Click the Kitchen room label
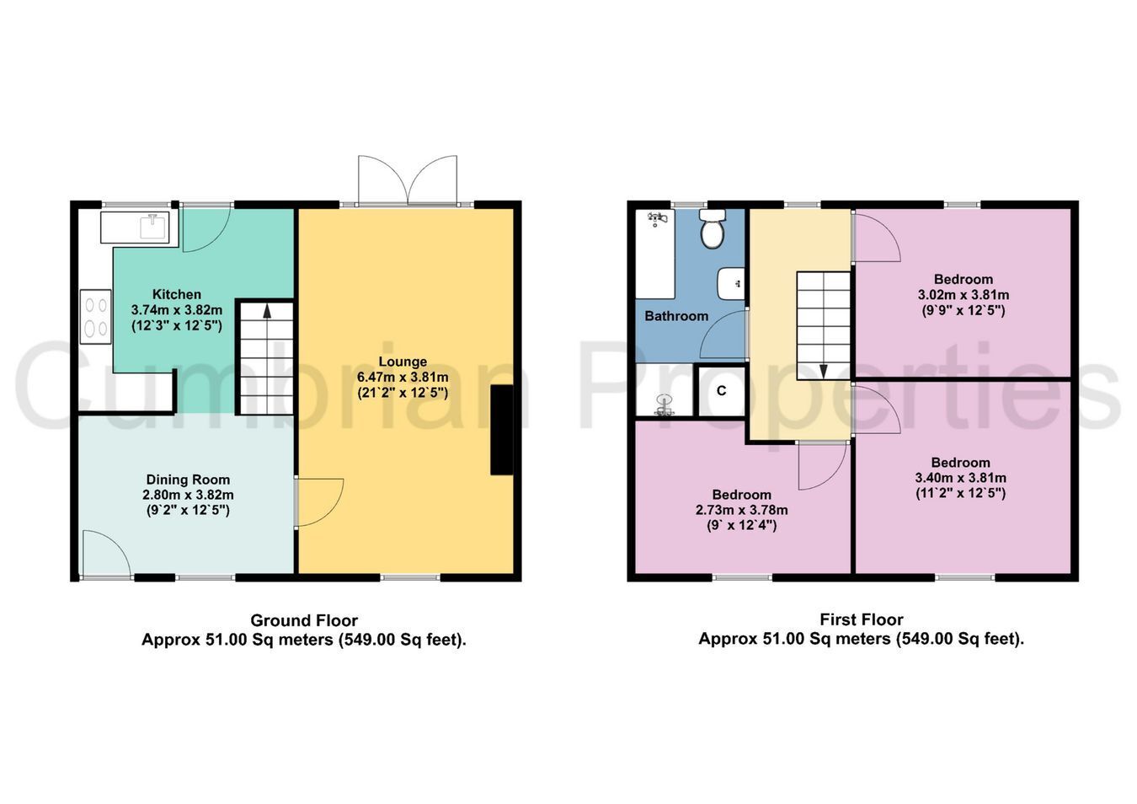point(177,294)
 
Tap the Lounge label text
point(403,362)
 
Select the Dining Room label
point(188,480)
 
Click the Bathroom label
point(676,316)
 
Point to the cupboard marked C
point(721,390)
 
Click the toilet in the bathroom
point(713,228)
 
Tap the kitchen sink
point(152,226)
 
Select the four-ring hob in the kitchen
point(95,316)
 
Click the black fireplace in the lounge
point(501,430)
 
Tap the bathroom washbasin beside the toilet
point(731,284)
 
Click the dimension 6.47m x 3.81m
point(403,378)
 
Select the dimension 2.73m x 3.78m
point(742,510)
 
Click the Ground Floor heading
point(304,620)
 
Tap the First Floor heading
point(862,619)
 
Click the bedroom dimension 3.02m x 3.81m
point(964,295)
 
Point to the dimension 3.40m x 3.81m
point(961,478)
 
